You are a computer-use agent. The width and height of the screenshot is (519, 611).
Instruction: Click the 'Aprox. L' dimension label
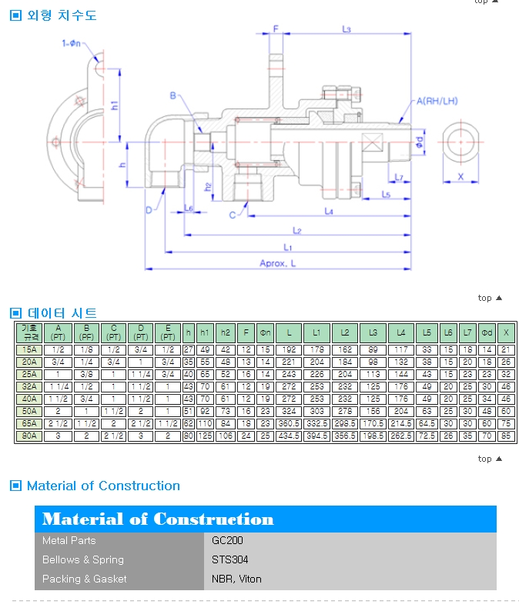277,264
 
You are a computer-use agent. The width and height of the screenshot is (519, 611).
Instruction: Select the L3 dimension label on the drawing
346,29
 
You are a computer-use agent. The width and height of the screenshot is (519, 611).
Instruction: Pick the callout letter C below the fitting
232,215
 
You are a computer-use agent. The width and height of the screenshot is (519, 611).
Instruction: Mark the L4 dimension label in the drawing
329,210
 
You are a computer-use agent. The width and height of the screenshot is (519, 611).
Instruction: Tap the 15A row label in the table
29,349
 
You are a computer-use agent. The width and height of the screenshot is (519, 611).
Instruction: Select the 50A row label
29,412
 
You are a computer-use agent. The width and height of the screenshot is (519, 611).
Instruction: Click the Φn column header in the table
264,332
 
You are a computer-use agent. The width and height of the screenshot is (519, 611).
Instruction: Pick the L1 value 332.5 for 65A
316,424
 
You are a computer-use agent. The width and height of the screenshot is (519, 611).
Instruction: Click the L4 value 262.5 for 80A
401,436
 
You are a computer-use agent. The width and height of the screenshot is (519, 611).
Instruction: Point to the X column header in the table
506,332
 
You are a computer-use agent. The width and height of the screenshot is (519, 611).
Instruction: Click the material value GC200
228,540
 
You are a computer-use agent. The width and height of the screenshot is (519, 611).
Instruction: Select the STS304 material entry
230,559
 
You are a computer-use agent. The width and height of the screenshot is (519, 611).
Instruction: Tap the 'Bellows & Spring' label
82,559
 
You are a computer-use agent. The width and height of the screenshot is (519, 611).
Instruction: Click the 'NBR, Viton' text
236,579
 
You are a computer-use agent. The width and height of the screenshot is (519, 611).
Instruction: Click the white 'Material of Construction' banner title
158,519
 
